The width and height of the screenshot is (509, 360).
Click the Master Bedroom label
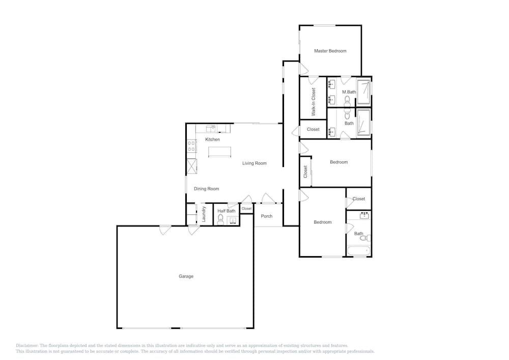point(330,51)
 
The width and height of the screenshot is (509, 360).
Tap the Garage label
point(186,276)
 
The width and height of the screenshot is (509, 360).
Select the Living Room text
point(254,163)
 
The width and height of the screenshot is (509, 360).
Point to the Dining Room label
point(207,188)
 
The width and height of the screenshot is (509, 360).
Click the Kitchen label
point(213,139)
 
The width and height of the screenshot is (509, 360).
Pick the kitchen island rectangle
point(220,152)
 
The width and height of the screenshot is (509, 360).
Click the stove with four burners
point(191,146)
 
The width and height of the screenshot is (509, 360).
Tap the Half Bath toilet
point(221,219)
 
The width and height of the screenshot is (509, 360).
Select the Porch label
point(267,216)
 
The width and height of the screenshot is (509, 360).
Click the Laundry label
point(204,214)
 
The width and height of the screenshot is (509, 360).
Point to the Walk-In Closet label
point(314,102)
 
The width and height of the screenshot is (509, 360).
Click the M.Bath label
point(349,92)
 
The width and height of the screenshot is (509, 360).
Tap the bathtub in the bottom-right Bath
point(358,251)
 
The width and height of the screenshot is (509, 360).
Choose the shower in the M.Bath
point(363,92)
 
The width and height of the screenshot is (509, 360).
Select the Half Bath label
point(227,211)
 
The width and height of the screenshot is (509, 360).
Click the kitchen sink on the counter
point(211,129)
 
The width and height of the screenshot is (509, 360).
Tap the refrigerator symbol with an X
point(192,166)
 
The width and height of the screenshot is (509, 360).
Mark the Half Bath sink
point(234,221)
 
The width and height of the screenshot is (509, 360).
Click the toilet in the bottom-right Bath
point(365,238)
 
